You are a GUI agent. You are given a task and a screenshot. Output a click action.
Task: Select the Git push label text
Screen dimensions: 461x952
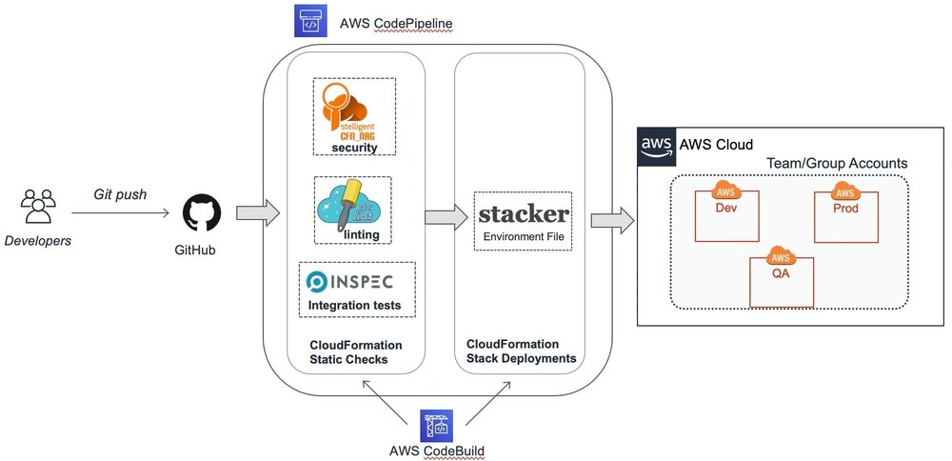pyautogui.click(x=120, y=194)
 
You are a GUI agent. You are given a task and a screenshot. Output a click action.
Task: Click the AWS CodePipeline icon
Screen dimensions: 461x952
pyautogui.click(x=309, y=21)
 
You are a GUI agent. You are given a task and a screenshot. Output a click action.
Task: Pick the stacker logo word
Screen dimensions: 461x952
pyautogui.click(x=524, y=212)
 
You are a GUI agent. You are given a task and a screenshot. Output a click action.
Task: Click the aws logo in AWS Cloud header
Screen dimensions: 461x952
pyautogui.click(x=656, y=146)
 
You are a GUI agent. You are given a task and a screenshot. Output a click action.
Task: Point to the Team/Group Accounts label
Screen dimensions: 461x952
pyautogui.click(x=837, y=163)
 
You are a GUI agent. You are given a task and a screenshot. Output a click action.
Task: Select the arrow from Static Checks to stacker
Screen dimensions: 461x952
pyautogui.click(x=439, y=218)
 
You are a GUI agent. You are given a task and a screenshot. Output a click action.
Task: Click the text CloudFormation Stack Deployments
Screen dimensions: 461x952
pyautogui.click(x=521, y=351)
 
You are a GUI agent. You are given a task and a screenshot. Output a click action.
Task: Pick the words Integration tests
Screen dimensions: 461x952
pyautogui.click(x=355, y=306)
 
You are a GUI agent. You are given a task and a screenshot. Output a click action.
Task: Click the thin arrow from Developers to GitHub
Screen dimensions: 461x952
pyautogui.click(x=118, y=213)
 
